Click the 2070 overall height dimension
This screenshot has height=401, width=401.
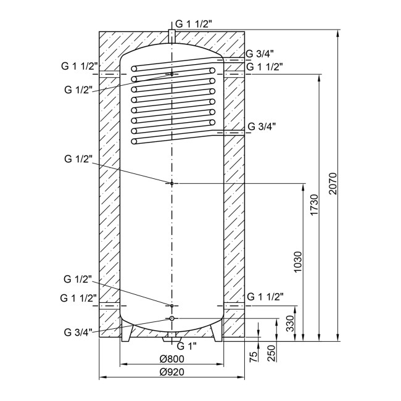click(x=333, y=184)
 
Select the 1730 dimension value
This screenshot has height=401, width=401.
click(x=315, y=205)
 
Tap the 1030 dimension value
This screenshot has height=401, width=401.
click(x=298, y=262)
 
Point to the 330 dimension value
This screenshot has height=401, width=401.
click(x=291, y=323)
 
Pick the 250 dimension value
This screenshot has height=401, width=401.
click(x=272, y=353)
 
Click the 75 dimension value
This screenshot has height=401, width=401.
click(x=253, y=357)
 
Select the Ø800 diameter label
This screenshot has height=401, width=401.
click(x=172, y=359)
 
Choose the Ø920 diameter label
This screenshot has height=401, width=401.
click(x=172, y=372)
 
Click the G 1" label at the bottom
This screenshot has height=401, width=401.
click(x=187, y=346)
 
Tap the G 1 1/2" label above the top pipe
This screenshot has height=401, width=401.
click(x=194, y=24)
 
